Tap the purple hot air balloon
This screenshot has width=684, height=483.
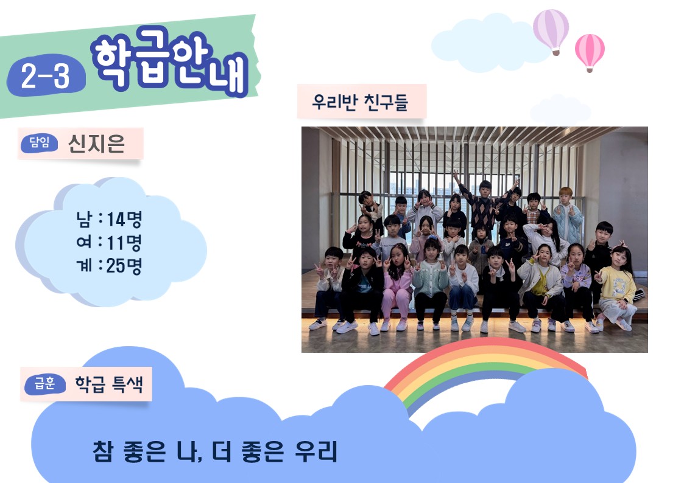click(x=551, y=32)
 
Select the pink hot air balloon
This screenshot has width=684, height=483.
click(x=590, y=52)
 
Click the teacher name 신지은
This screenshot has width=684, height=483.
click(x=96, y=144)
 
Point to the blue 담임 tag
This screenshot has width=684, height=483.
click(x=39, y=143)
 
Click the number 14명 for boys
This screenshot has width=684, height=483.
click(x=124, y=219)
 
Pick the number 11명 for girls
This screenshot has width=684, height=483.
click(x=124, y=243)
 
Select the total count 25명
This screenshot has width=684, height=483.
click(x=124, y=266)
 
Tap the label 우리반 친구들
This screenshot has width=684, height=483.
click(x=360, y=102)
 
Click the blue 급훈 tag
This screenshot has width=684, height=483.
click(x=45, y=384)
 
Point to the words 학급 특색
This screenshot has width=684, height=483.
click(x=109, y=384)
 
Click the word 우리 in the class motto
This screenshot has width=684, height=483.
click(x=316, y=451)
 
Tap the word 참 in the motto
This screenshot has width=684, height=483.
click(x=103, y=451)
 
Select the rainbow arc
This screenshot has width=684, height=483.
click(x=484, y=353)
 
